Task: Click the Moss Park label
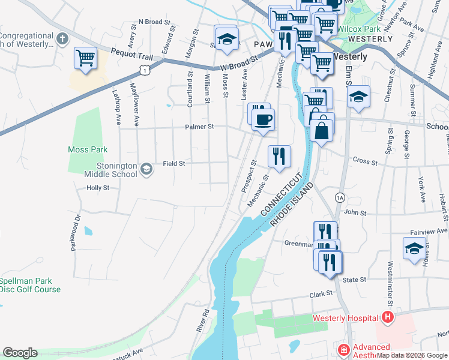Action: (x=87, y=149)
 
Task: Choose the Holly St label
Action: (x=98, y=188)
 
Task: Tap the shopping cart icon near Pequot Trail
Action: (x=86, y=58)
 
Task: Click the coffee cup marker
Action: (x=263, y=119)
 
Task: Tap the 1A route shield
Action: (x=340, y=197)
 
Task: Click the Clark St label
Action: (x=321, y=294)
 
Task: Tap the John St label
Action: (x=355, y=212)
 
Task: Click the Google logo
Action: (x=20, y=352)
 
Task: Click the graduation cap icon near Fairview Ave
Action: (x=414, y=248)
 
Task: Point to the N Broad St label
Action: (x=151, y=22)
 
